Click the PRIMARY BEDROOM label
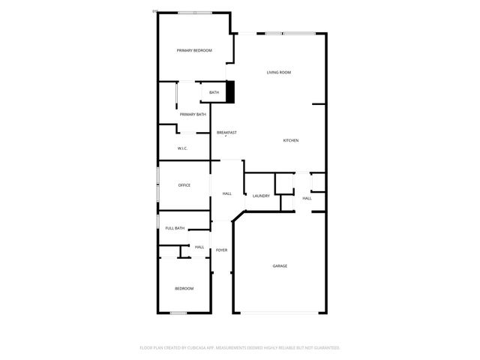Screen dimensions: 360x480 [194, 50]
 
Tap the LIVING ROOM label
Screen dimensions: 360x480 [279, 73]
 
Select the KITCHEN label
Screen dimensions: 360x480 [291, 141]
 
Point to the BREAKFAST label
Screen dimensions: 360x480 [226, 133]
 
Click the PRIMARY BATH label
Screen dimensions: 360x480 [193, 114]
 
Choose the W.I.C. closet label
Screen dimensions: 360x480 [182, 148]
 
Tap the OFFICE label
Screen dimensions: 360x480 [184, 185]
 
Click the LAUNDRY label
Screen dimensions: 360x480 [261, 196]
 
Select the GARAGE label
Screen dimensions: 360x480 [280, 265]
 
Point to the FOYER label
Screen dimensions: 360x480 [221, 250]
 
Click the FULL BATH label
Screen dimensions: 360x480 [175, 228]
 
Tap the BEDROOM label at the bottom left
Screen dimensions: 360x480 [184, 289]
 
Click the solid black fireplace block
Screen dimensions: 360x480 [231, 92]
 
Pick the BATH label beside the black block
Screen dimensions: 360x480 [214, 92]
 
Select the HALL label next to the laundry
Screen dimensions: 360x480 [307, 198]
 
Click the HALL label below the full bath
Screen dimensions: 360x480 [199, 247]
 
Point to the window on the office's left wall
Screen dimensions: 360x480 [157, 184]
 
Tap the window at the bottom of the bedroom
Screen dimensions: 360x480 [178, 313]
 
